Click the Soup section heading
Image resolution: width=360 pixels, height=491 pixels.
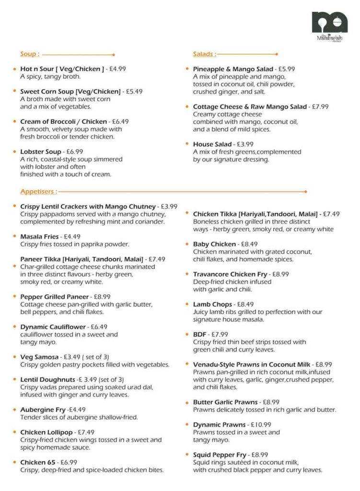click(x=30, y=54)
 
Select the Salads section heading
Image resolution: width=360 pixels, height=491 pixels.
click(x=205, y=54)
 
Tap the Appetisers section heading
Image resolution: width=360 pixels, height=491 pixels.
click(x=38, y=191)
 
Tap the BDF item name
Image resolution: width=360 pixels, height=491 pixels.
click(x=200, y=335)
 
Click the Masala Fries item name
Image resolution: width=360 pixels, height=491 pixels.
click(x=39, y=237)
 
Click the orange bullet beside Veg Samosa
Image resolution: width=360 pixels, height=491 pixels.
click(x=15, y=357)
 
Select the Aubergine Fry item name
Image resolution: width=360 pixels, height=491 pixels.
click(x=43, y=410)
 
